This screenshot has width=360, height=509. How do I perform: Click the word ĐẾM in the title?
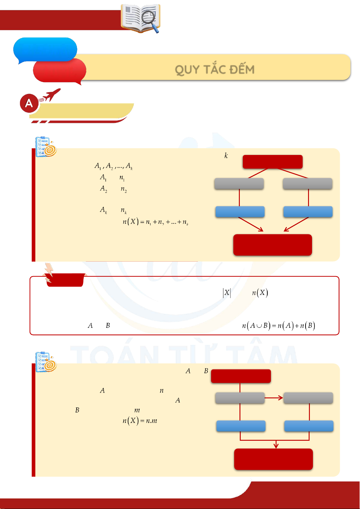point(242,69)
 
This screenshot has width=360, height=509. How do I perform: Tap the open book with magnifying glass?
point(141,18)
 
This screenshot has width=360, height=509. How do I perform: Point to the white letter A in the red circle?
point(29,103)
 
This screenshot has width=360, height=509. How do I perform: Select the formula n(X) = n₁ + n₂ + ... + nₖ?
point(156,222)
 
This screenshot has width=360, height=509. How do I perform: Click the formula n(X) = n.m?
point(140,421)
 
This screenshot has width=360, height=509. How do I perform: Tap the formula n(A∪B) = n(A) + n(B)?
point(278,325)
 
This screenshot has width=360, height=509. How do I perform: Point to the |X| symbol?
point(227,293)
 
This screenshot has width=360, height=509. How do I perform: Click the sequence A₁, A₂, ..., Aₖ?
point(114,166)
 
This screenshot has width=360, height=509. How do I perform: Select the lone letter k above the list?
point(226,156)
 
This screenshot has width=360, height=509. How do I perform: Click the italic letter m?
point(137,410)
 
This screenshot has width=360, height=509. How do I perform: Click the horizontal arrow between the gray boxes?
point(274,398)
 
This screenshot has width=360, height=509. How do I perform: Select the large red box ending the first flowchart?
point(272,245)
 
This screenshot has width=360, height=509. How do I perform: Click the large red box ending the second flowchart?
point(273,459)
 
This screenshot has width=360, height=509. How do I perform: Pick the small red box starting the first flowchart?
point(272,162)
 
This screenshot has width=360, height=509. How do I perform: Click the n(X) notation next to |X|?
point(260,293)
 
